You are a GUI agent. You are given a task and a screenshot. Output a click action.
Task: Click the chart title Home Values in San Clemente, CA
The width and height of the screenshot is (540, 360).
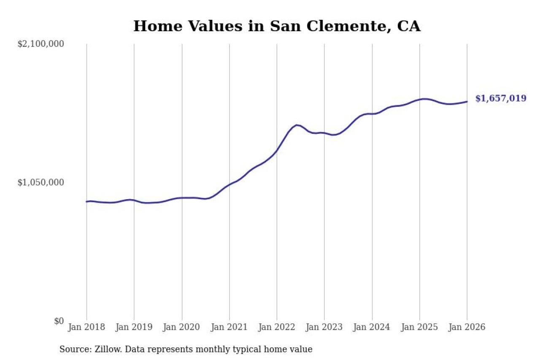[277, 26]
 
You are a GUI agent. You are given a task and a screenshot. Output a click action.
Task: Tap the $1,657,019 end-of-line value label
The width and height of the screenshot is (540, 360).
[501, 98]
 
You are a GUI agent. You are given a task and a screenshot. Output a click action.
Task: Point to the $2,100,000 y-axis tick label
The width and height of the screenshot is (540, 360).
[40, 44]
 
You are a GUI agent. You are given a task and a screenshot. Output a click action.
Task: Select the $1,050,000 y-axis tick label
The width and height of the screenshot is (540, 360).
[40, 182]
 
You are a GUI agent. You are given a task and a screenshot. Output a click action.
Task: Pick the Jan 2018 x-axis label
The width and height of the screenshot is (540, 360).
[86, 327]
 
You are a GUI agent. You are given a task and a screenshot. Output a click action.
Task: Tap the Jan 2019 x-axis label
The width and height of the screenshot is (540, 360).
[134, 327]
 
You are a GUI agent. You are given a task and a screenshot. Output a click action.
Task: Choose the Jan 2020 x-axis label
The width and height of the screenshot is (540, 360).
[182, 327]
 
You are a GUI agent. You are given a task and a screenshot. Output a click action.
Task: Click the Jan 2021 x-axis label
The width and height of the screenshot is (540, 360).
[229, 327]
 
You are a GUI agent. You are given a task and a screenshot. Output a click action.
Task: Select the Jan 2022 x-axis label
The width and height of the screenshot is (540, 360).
[277, 327]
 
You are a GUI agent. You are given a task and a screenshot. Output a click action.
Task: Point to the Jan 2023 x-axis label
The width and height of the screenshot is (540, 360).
[324, 327]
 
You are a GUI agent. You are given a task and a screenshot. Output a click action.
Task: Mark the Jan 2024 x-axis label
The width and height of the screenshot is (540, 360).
[372, 327]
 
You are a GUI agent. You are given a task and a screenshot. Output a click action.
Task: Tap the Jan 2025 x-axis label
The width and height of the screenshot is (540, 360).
[420, 327]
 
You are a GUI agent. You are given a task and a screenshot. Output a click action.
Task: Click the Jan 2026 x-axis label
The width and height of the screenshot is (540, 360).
[467, 327]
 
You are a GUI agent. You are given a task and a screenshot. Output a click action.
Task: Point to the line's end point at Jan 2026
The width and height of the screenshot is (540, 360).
[467, 101]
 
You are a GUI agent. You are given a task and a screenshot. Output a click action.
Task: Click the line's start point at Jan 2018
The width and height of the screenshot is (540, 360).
[86, 202]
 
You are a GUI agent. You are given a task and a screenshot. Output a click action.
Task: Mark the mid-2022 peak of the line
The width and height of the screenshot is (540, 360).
[297, 125]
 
